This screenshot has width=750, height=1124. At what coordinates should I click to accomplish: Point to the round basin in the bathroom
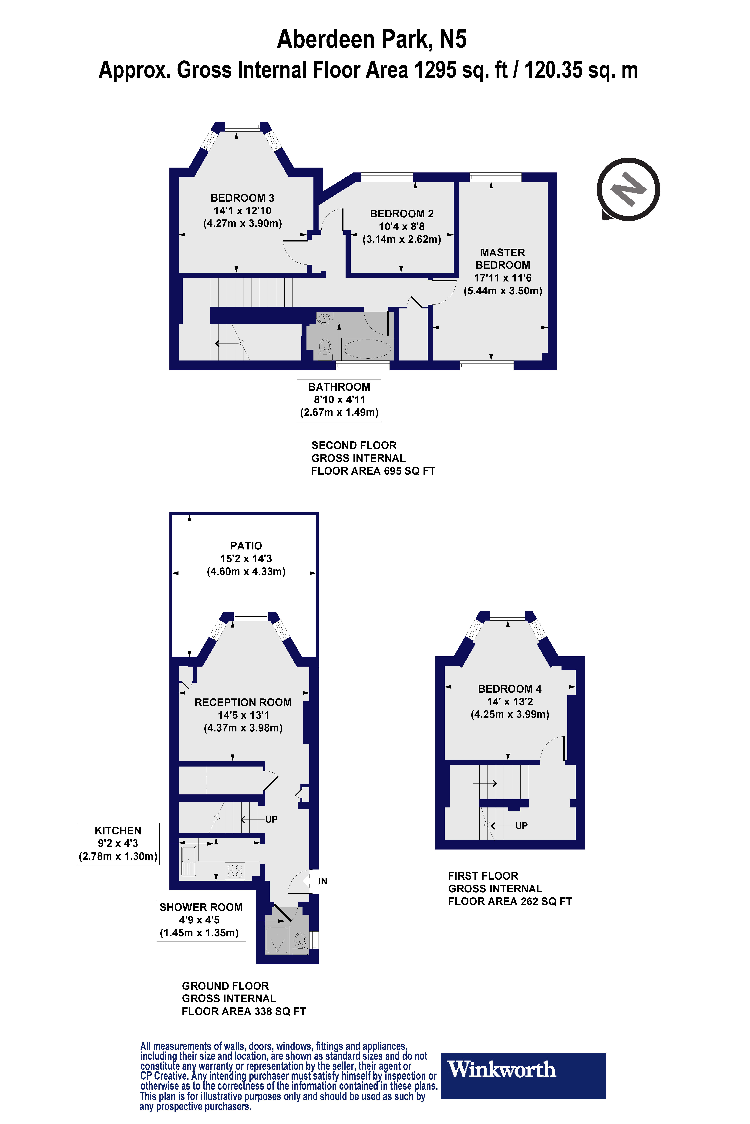[325, 318]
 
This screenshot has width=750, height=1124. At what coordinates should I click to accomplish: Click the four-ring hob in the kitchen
[235, 871]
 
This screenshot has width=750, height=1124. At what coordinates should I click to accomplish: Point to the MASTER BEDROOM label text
[503, 258]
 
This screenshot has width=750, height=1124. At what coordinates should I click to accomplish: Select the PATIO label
[246, 546]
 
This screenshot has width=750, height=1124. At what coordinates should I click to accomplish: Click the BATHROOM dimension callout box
[339, 400]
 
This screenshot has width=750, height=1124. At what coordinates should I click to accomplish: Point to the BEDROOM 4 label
[509, 689]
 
